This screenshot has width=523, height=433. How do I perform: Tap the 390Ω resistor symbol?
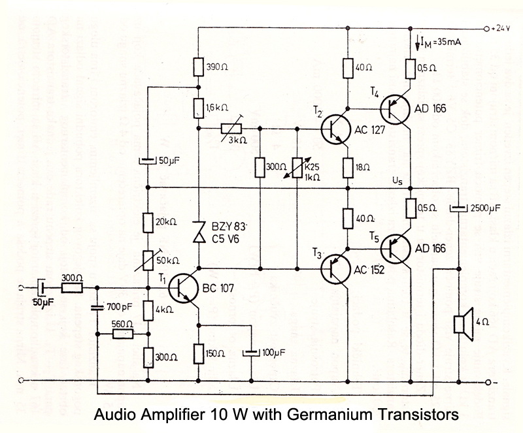198,67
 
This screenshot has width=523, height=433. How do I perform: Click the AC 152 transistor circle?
338,268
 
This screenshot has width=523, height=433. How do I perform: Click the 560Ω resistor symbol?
124,334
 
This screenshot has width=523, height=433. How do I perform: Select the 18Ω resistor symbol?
348,167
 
